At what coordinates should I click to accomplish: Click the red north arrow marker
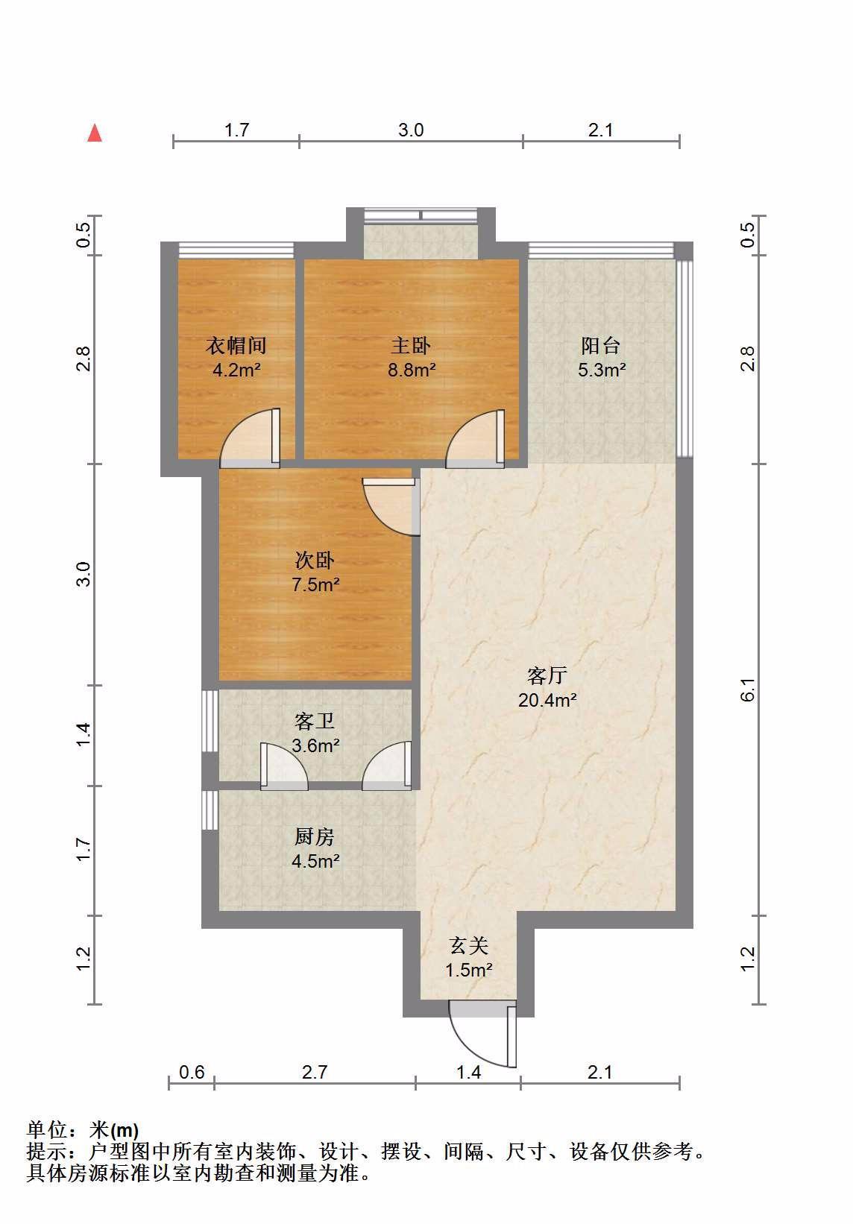pos(95,133)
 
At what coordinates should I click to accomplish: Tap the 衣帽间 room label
pos(236,345)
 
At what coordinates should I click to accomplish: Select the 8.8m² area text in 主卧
pos(412,370)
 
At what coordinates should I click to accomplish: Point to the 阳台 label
pos(600,345)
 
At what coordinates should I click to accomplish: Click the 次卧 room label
pos(315,560)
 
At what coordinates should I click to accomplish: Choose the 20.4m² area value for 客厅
pos(547,700)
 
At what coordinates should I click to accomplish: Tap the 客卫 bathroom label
pos(315,722)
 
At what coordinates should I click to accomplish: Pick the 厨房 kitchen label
pos(315,836)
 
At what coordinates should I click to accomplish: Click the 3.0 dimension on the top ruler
pos(411,130)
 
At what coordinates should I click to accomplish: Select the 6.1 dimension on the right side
pos(748,690)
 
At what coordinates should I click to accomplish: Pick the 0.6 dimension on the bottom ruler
pos(192,1073)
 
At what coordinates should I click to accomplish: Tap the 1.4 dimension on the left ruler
pos(83,734)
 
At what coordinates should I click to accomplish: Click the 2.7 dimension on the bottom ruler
pos(315,1073)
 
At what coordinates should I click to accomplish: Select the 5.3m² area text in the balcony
pos(602,370)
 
